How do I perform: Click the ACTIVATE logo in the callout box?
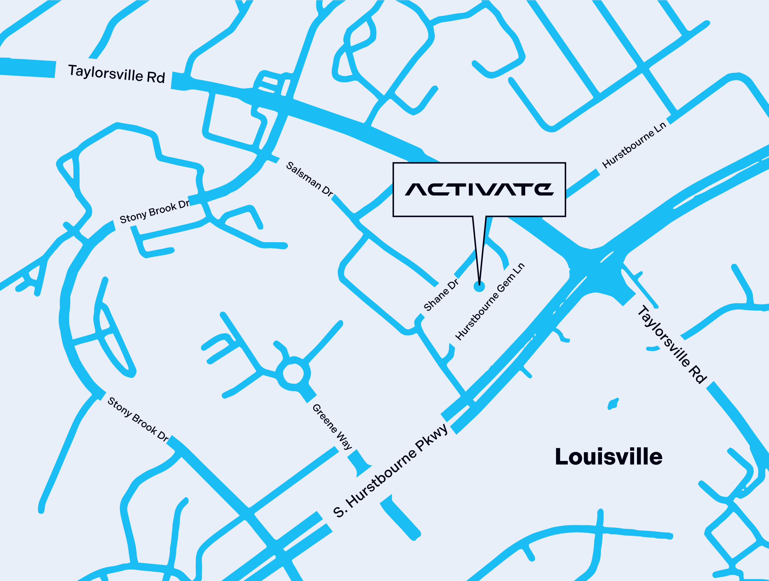(x=479, y=189)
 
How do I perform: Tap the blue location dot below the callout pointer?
(x=479, y=286)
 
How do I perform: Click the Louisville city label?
(x=608, y=457)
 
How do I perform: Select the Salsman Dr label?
(x=309, y=179)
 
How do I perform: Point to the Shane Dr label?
(x=441, y=295)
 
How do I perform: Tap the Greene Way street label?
(x=332, y=427)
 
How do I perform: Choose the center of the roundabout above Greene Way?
(x=293, y=373)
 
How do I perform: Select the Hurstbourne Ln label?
(x=634, y=145)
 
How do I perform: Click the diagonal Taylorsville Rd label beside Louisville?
(x=671, y=344)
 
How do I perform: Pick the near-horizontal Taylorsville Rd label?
(x=116, y=74)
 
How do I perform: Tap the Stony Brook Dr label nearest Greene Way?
(x=138, y=419)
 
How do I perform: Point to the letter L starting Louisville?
(x=562, y=457)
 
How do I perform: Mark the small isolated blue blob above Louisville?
(x=613, y=403)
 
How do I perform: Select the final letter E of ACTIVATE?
(x=544, y=189)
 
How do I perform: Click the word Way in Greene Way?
(x=344, y=441)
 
